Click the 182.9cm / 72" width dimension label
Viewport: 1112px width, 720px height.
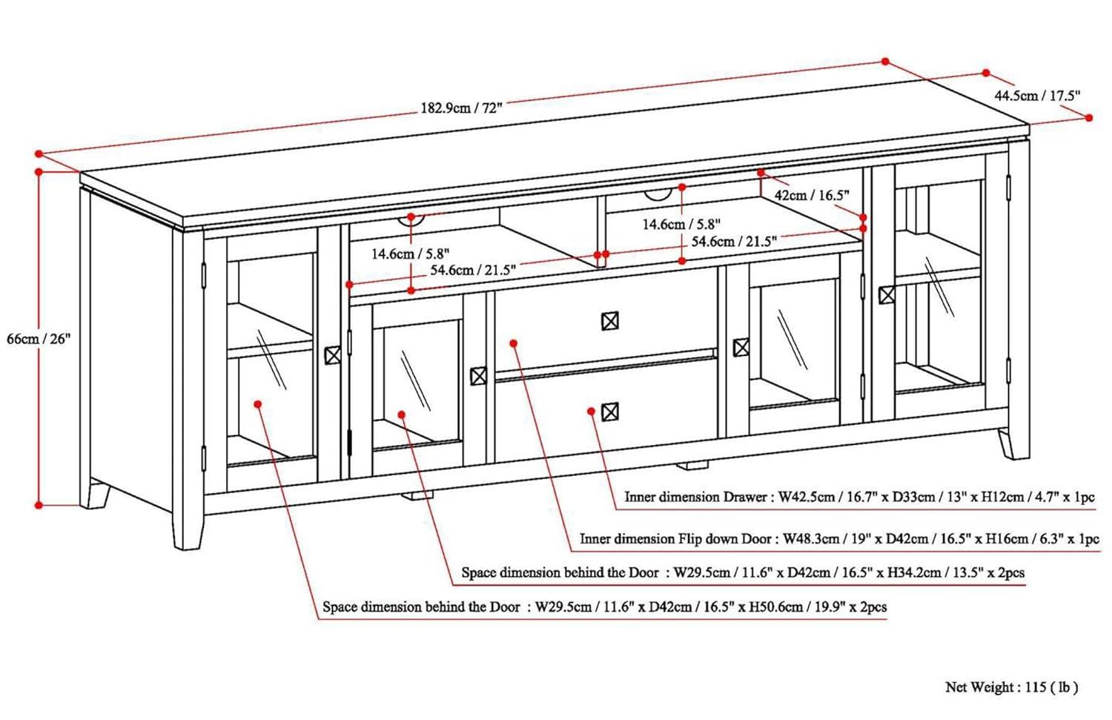[462, 107]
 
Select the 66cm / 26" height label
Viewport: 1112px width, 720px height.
[38, 339]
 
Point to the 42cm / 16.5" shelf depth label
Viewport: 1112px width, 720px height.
[811, 195]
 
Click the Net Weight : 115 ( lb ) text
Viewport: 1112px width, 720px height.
[1011, 687]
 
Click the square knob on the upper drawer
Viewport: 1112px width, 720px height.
[609, 321]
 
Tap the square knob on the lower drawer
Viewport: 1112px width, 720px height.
[609, 412]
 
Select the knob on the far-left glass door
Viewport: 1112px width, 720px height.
[333, 355]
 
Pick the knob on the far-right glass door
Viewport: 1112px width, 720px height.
[887, 295]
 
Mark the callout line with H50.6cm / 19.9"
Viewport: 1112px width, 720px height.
[604, 607]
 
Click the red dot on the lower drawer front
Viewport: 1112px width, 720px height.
[591, 410]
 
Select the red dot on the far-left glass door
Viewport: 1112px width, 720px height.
[257, 404]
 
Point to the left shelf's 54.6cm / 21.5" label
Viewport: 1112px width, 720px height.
[473, 270]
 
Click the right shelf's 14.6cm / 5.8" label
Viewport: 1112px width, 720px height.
[681, 224]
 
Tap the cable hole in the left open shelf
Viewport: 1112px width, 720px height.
[411, 219]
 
